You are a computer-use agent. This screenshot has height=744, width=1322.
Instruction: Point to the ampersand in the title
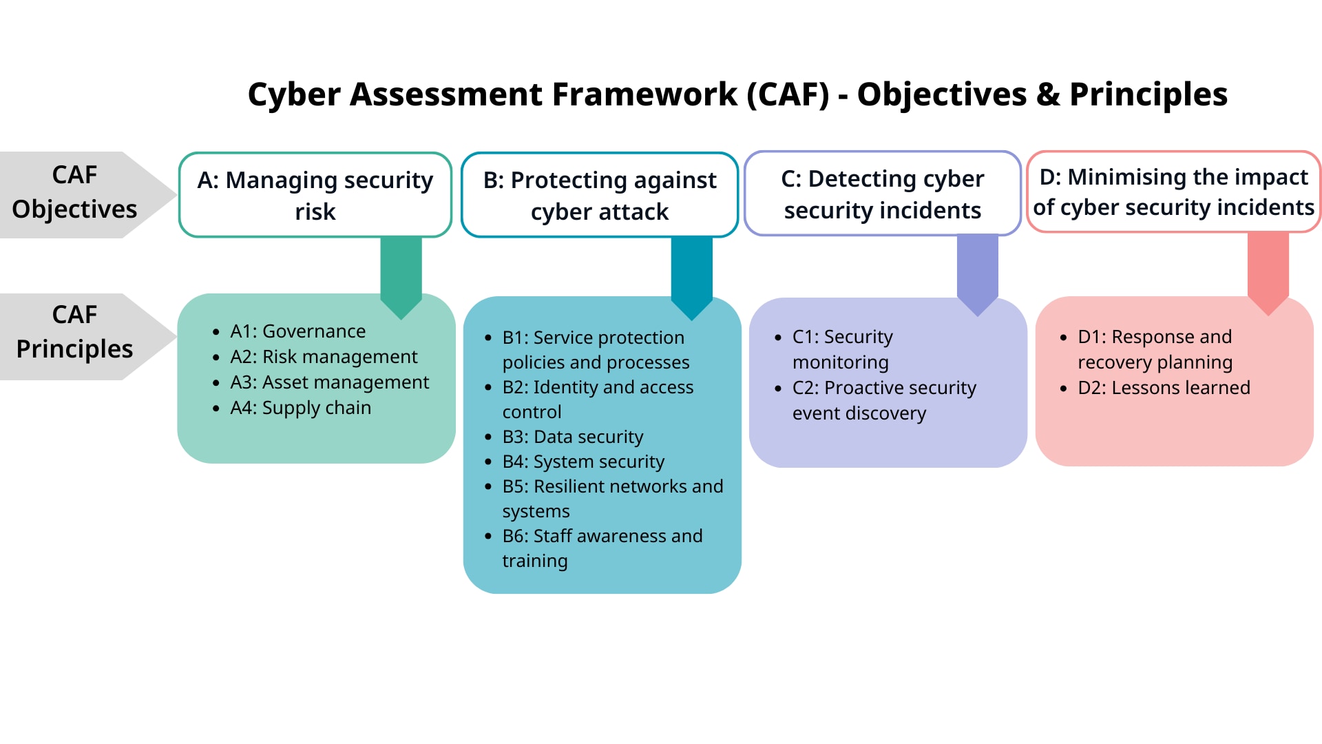[1048, 94]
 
